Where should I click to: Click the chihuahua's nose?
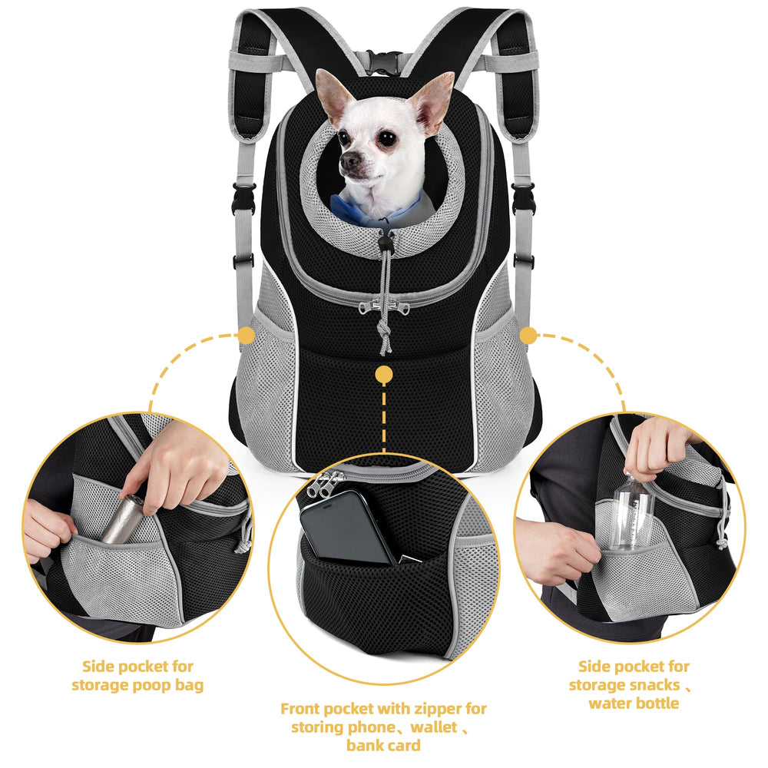[x=349, y=161]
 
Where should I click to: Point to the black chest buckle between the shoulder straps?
[x=383, y=63]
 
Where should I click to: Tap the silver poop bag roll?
[x=121, y=519]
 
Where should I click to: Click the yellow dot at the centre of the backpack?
[x=384, y=376]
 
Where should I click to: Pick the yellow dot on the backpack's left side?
[x=246, y=336]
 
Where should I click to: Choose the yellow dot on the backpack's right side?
[x=528, y=336]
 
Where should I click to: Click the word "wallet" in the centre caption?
[x=433, y=727]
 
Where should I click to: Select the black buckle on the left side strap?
[x=243, y=198]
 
